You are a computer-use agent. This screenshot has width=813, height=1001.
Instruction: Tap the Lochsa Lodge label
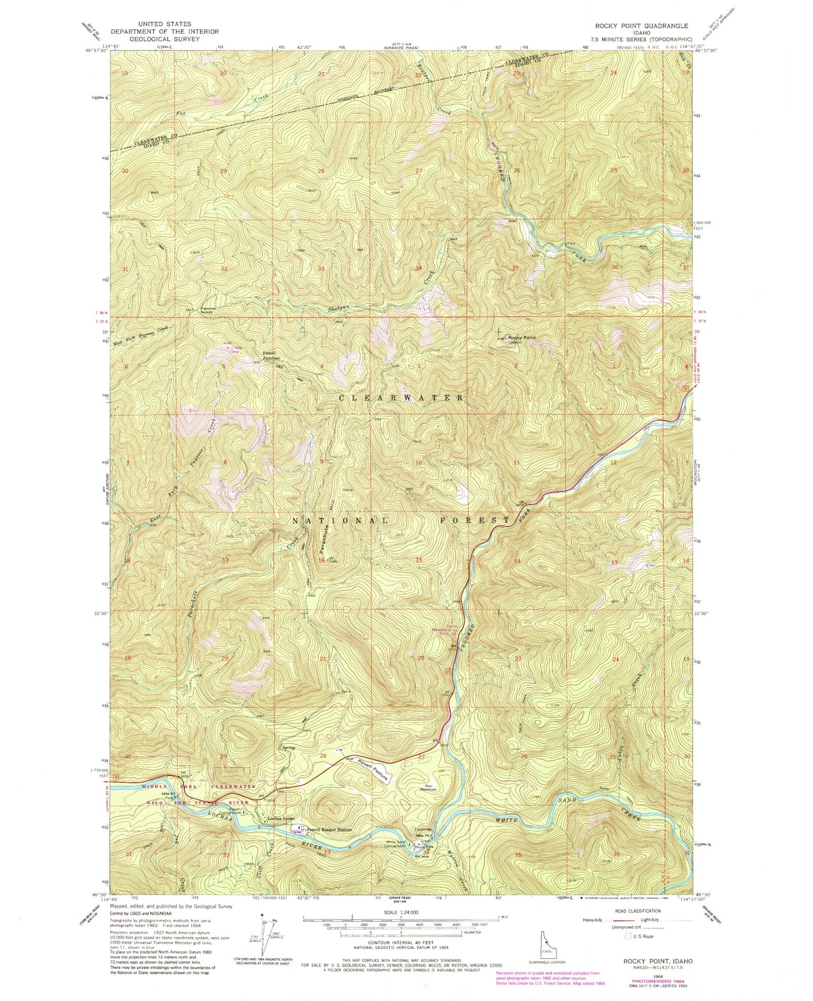tap(281, 818)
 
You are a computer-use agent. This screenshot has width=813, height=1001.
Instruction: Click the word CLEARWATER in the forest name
tap(401, 397)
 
